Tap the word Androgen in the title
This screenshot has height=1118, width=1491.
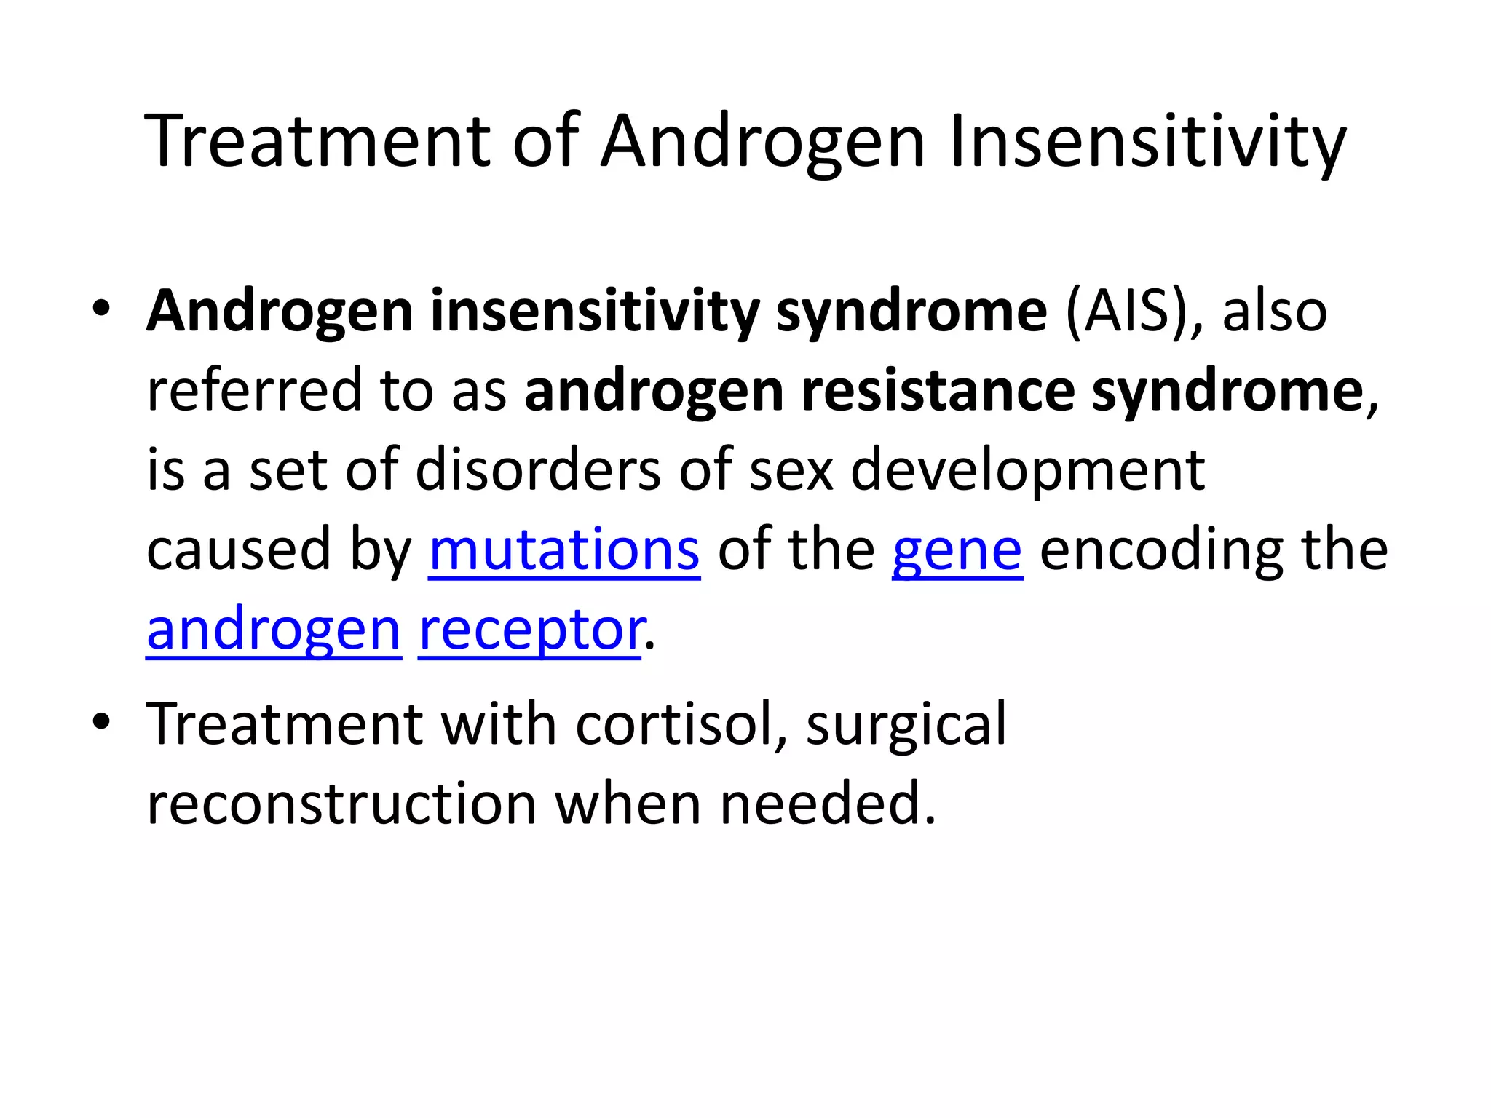pyautogui.click(x=762, y=142)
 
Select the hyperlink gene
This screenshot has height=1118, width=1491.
pyautogui.click(x=957, y=551)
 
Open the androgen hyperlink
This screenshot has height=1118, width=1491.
pyautogui.click(x=274, y=630)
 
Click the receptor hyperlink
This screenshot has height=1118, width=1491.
pyautogui.click(x=530, y=630)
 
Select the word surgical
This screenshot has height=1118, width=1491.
pyautogui.click(x=906, y=724)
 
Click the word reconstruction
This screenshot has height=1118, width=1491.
pyautogui.click(x=341, y=804)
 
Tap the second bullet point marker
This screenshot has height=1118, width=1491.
pyautogui.click(x=101, y=721)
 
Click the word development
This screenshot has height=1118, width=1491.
pyautogui.click(x=1027, y=471)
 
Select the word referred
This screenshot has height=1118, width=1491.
pyautogui.click(x=254, y=391)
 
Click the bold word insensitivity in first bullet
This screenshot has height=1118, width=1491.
pyautogui.click(x=594, y=312)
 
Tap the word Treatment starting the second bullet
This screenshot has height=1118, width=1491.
pyautogui.click(x=284, y=724)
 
